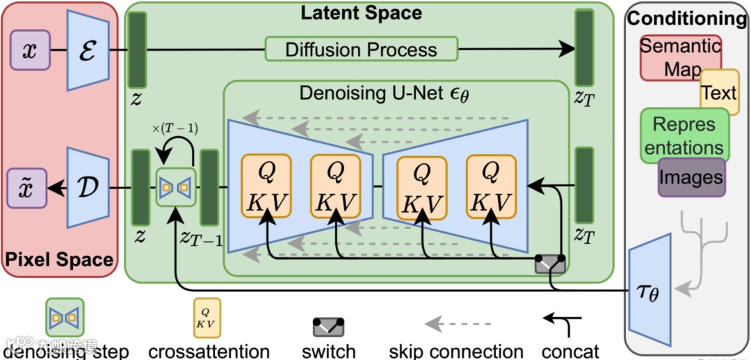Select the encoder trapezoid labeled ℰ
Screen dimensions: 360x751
point(86,51)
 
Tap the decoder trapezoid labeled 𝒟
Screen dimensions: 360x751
point(86,188)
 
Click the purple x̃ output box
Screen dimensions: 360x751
point(30,188)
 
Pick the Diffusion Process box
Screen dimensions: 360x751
point(361,49)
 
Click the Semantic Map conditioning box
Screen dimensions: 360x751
point(679,58)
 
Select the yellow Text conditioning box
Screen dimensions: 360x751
point(718,92)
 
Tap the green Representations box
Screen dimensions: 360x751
point(684,136)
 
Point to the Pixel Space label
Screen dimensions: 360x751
point(59,260)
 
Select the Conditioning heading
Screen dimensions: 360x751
point(687,19)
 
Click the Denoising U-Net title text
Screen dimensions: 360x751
point(383,93)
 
